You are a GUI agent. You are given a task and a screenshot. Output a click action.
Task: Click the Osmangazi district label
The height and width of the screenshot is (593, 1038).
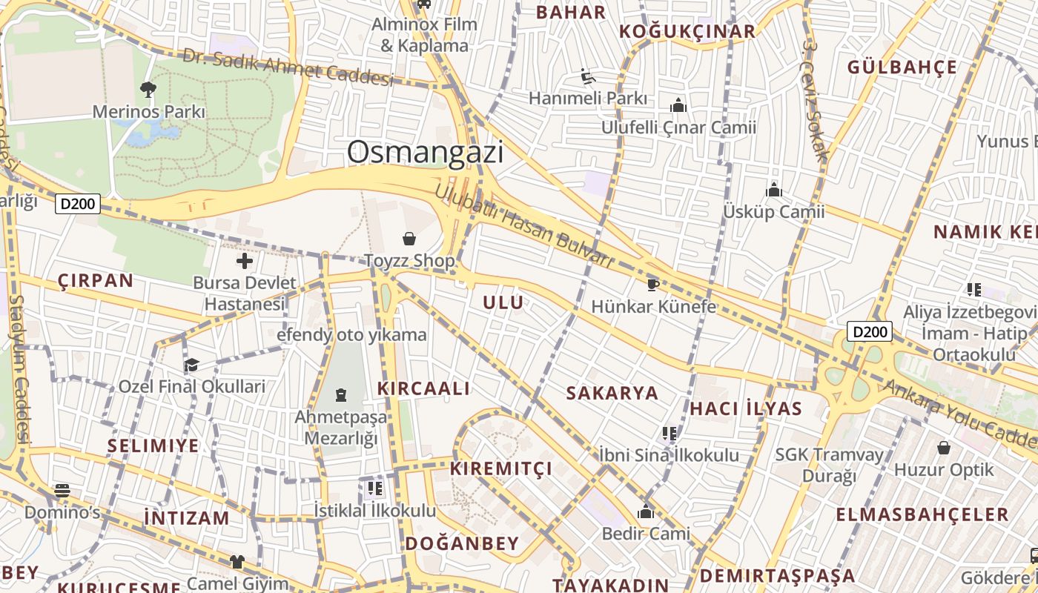425,152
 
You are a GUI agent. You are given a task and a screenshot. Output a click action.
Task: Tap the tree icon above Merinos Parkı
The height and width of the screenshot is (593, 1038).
148,90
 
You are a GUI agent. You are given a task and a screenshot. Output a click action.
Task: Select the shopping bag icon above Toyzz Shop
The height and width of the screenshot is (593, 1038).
409,239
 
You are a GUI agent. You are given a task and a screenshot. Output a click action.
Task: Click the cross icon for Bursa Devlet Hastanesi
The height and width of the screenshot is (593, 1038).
244,261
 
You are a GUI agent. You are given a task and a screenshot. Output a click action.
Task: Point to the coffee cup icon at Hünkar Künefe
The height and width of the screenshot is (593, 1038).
653,285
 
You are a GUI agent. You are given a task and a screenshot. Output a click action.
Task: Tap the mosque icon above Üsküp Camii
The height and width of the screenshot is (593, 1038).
774,190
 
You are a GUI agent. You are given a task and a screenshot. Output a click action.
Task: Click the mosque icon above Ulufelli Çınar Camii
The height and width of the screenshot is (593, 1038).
678,106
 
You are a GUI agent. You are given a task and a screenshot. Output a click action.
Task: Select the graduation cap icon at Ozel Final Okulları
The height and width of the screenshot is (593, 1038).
191,365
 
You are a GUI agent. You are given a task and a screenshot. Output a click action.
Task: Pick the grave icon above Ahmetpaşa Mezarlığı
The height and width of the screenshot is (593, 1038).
341,394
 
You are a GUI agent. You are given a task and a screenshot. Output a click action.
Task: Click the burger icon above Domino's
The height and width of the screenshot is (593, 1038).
62,490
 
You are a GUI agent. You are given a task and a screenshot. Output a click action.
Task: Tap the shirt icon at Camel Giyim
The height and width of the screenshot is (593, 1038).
237,562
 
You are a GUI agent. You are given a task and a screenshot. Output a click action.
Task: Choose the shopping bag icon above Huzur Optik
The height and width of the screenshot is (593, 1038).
944,448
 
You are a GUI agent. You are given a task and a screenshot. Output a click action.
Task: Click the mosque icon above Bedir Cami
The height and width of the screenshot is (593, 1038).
645,511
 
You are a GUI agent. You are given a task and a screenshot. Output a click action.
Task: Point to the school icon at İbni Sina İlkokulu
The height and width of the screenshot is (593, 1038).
669,433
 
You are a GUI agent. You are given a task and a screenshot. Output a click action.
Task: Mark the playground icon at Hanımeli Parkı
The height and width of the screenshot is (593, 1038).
588,76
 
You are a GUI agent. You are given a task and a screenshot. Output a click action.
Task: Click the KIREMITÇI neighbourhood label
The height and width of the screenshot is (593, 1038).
501,468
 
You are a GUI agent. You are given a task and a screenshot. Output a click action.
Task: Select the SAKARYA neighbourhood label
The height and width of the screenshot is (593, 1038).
612,393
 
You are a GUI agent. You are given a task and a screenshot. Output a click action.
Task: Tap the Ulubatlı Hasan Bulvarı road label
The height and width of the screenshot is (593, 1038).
523,225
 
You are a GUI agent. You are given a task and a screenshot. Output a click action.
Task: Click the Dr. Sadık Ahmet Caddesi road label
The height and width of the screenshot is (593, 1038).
288,67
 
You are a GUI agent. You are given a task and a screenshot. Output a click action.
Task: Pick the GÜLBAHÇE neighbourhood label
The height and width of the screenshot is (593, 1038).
902,67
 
